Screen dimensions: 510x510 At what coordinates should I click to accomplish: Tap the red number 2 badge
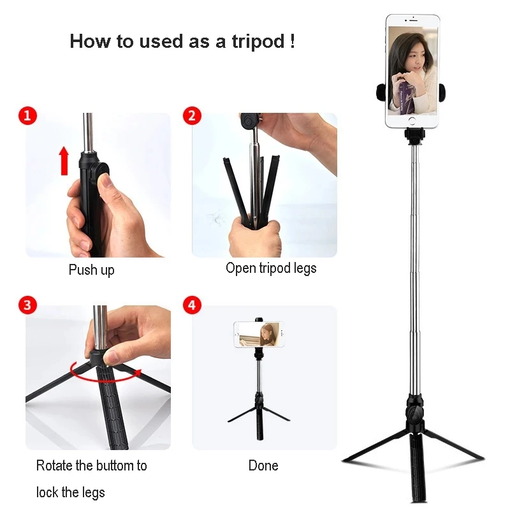point(192,115)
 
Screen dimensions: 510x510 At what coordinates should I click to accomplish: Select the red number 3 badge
point(27,305)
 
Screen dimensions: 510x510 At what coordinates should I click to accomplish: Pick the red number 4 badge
point(192,305)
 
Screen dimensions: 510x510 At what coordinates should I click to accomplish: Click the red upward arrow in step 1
point(64,160)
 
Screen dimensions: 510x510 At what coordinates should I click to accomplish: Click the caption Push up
point(91,270)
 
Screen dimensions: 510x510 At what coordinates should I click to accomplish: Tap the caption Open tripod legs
point(271,268)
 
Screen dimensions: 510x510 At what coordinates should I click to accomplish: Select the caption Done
point(263,465)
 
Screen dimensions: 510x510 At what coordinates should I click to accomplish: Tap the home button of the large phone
point(412,120)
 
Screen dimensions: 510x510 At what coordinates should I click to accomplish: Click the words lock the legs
point(71,492)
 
